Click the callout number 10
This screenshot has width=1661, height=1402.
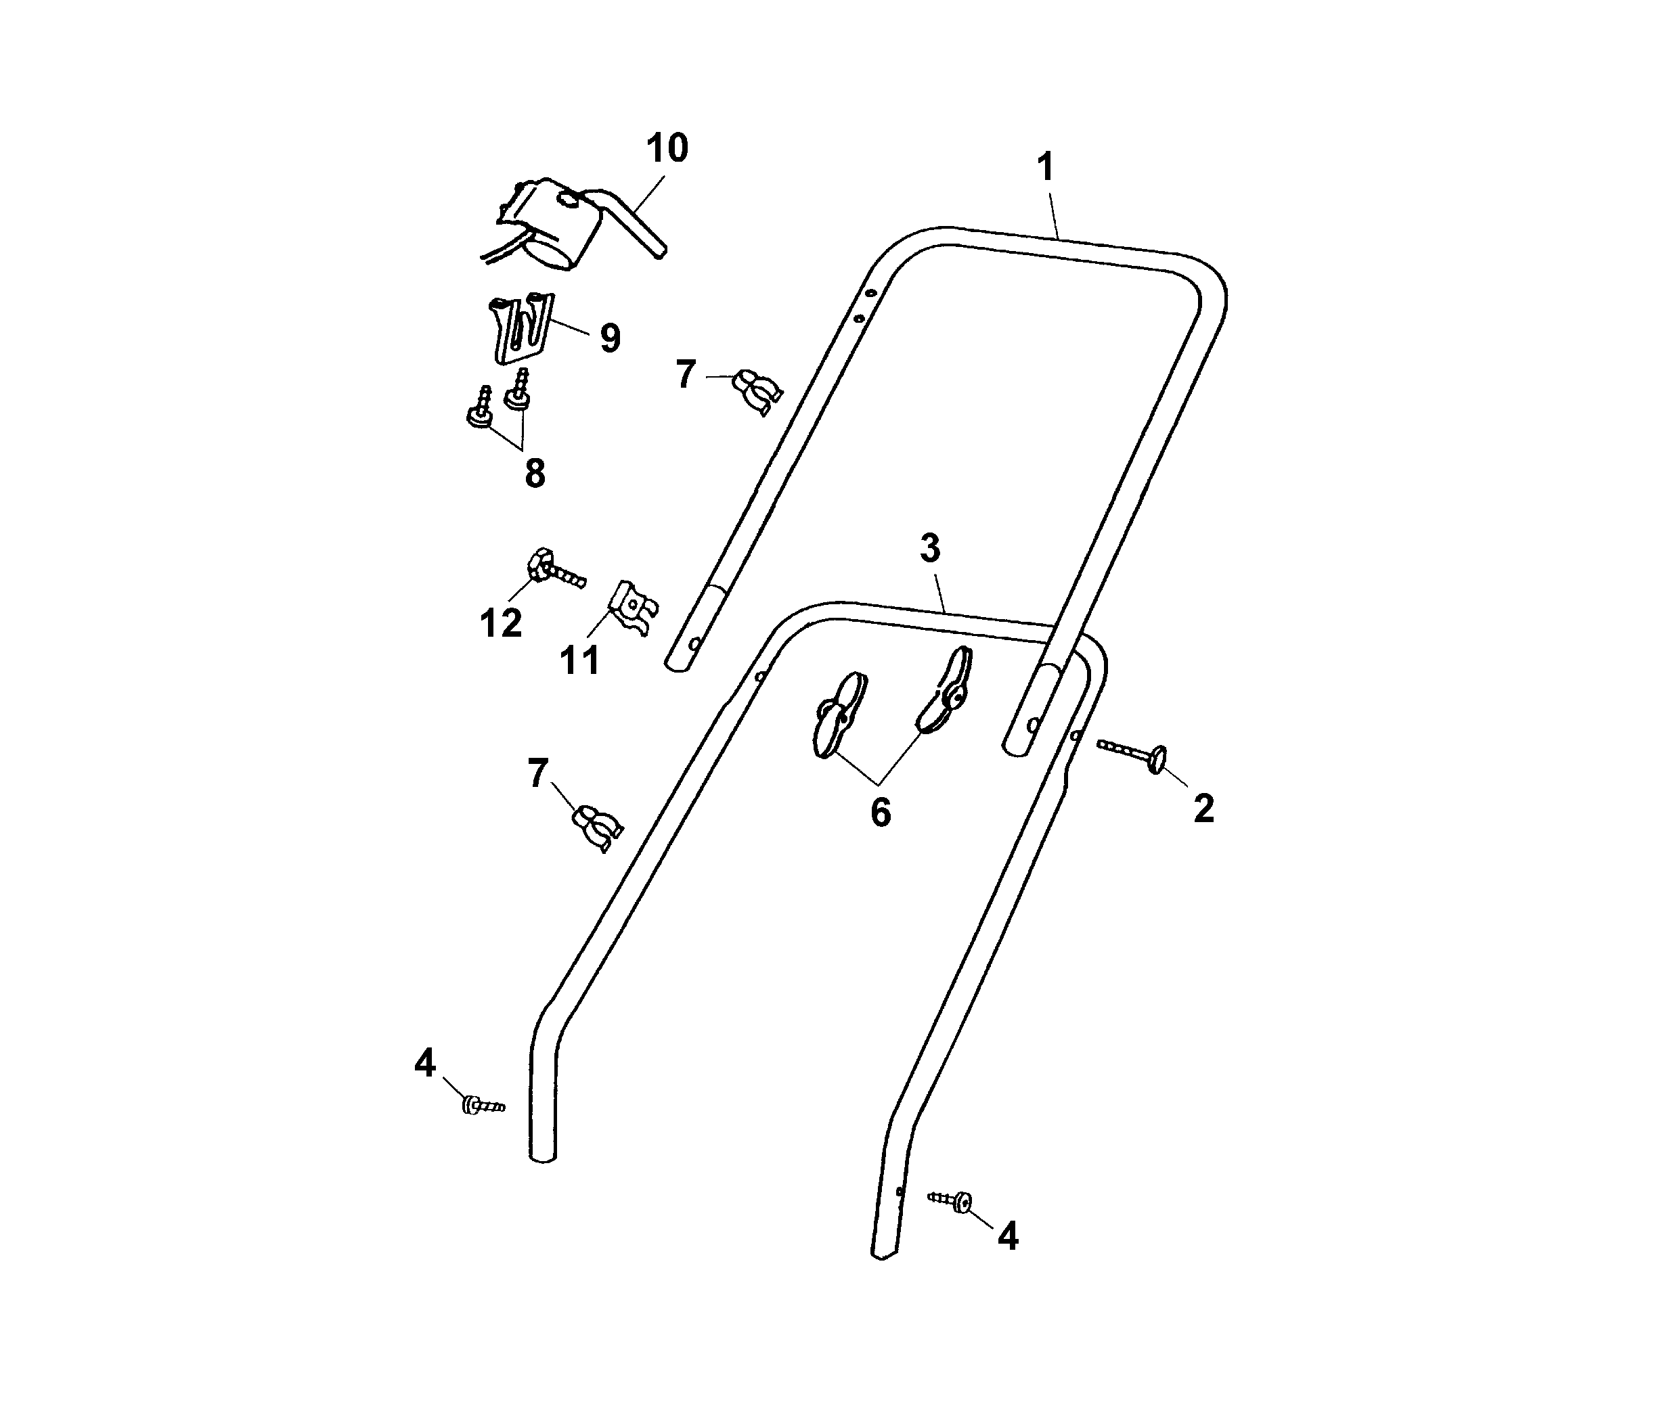point(666,149)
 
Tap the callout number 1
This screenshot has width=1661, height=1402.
point(1046,168)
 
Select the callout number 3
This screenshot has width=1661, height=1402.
point(930,548)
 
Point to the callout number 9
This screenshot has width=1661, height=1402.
point(610,338)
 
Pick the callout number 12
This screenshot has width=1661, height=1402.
point(501,623)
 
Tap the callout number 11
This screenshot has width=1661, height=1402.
point(579,660)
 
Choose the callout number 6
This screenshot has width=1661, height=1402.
point(880,812)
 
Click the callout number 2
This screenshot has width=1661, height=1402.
point(1204,809)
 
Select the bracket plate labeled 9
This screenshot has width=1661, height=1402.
point(521,327)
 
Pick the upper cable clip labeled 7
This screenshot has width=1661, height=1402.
point(756,390)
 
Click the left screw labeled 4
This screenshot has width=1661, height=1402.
point(481,1106)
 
